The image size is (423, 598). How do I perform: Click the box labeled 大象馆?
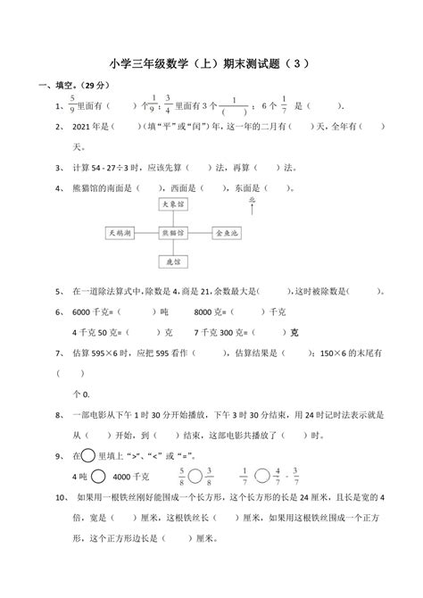[x=173, y=204]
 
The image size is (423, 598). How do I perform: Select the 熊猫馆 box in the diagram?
[x=173, y=232]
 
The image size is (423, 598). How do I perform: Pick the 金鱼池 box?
[x=227, y=232]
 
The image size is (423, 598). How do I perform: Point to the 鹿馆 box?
[x=173, y=261]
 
